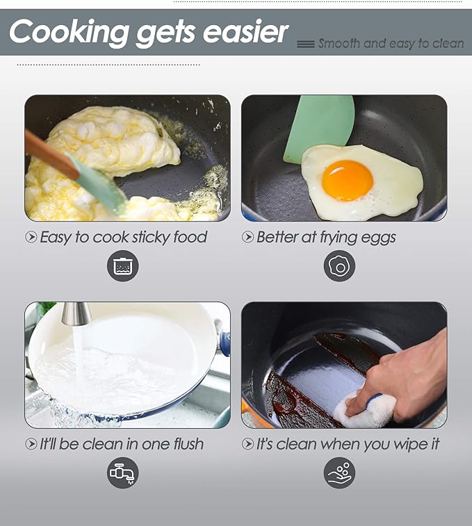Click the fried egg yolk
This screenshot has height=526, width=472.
click(348, 181)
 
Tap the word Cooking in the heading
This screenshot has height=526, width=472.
click(69, 32)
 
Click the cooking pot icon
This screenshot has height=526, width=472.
click(122, 265)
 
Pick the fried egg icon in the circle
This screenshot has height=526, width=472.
click(339, 265)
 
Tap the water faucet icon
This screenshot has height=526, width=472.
click(122, 472)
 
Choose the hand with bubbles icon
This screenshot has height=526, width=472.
click(339, 472)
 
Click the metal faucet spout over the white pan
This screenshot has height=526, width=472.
click(76, 313)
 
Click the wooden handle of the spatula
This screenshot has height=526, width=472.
click(51, 155)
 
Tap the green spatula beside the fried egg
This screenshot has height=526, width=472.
click(319, 129)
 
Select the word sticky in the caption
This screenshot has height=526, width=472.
click(151, 237)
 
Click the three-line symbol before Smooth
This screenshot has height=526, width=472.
click(306, 44)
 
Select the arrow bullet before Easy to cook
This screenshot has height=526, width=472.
click(31, 237)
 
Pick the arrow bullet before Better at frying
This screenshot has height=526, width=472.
click(247, 237)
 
